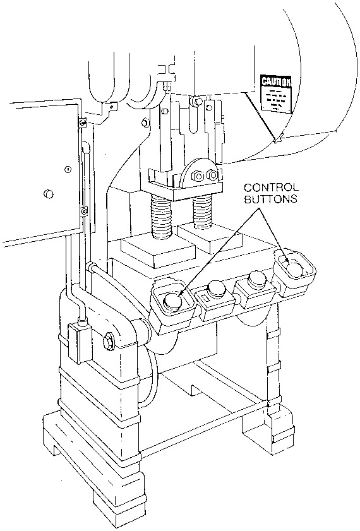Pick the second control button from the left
[216, 288]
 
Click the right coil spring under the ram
[203, 212]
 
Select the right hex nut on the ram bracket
[213, 174]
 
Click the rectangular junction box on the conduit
[78, 342]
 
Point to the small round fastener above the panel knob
[66, 169]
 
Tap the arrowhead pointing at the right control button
[288, 258]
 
